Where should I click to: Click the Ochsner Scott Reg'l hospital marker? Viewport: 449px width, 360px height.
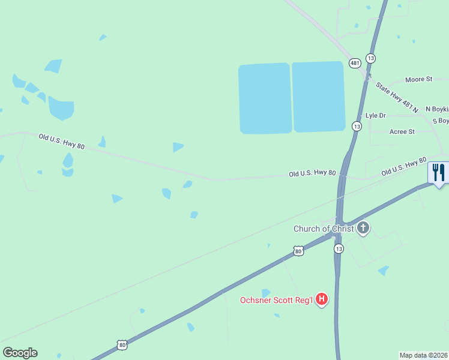(322, 299)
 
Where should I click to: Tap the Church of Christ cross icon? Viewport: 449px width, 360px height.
(363, 228)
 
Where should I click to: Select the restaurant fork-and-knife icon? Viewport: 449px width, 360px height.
(438, 173)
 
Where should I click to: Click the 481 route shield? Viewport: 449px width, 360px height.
(355, 63)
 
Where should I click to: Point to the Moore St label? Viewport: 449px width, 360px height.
(418, 79)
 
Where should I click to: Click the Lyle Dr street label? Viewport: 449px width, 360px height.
(375, 115)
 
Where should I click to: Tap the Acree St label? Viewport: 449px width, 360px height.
(402, 131)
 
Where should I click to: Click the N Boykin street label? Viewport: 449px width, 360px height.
(436, 109)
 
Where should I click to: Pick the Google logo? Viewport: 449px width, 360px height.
(20, 353)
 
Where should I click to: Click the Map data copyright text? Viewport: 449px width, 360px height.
(424, 355)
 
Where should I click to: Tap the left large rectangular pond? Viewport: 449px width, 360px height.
(265, 98)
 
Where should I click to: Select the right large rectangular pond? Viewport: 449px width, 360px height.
(318, 97)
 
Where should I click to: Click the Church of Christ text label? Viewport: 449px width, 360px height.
(323, 229)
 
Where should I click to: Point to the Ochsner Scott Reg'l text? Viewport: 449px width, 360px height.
(277, 300)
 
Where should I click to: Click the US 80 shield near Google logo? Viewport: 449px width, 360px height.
(122, 344)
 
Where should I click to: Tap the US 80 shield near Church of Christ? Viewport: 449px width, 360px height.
(298, 251)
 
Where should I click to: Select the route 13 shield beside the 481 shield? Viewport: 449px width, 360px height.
(371, 58)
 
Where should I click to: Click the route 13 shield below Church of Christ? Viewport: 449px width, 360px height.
(339, 248)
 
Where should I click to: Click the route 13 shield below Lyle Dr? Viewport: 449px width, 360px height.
(357, 126)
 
